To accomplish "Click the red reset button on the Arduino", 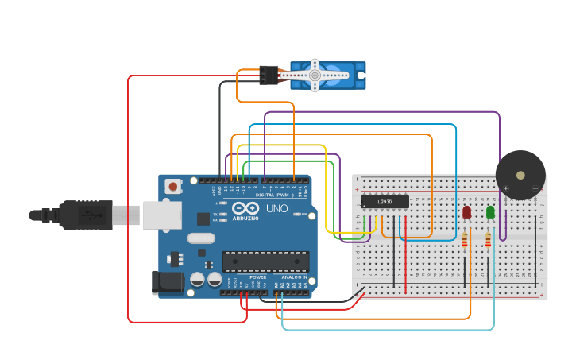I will (x=172, y=187).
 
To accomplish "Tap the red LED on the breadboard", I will (x=466, y=212).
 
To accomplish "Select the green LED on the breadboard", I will (x=490, y=212).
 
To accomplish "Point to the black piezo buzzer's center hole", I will (x=520, y=175).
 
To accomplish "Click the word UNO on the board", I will (x=276, y=208).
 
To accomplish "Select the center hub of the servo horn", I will (x=315, y=75).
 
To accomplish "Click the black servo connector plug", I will (x=269, y=75).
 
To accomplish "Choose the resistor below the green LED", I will (x=488, y=240).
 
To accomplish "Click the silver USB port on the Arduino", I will (x=162, y=215).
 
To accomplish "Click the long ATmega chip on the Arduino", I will (x=265, y=261).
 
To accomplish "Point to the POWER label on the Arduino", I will (x=258, y=277).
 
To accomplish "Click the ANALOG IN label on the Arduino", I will (x=294, y=277).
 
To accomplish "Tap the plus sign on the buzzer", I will (x=505, y=188).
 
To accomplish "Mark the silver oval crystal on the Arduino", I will (x=201, y=238).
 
